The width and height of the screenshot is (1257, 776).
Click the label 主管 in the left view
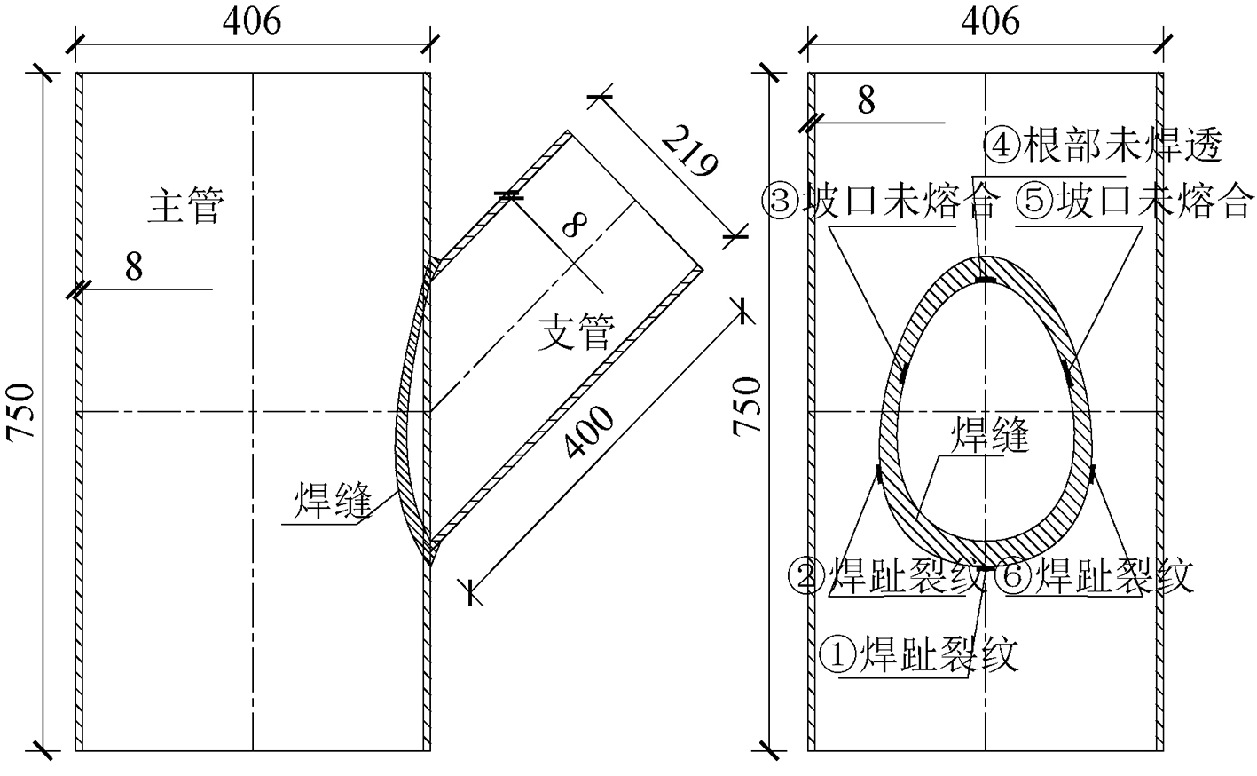pyautogui.click(x=186, y=205)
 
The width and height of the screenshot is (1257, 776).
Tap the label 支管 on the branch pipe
pyautogui.click(x=577, y=332)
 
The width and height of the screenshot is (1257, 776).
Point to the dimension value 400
pyautogui.click(x=589, y=432)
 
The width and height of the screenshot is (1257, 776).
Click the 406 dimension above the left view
pyautogui.click(x=252, y=21)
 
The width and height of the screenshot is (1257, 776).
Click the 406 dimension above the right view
pyautogui.click(x=991, y=21)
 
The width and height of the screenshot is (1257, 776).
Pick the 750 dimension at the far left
pyautogui.click(x=21, y=412)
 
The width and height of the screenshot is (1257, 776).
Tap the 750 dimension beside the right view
pyautogui.click(x=746, y=406)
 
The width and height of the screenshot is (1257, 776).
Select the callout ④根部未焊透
pyautogui.click(x=1104, y=146)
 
